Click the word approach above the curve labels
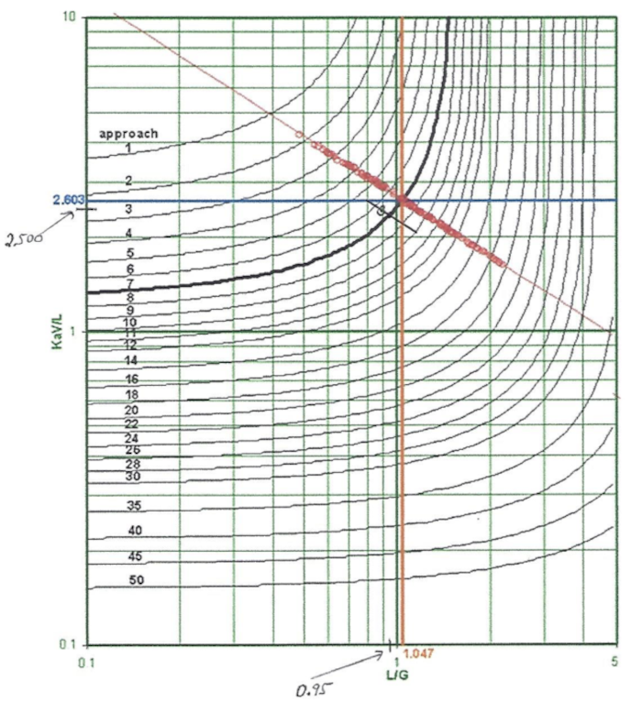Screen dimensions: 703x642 pyautogui.click(x=128, y=133)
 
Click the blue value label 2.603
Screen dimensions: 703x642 pyautogui.click(x=67, y=200)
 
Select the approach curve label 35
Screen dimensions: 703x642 pyautogui.click(x=134, y=505)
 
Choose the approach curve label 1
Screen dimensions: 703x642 pyautogui.click(x=129, y=148)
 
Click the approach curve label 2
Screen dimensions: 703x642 pyautogui.click(x=129, y=181)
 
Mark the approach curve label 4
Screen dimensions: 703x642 pyautogui.click(x=129, y=233)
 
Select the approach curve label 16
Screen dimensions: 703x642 pyautogui.click(x=131, y=379)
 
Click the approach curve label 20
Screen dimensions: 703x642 pyautogui.click(x=131, y=410)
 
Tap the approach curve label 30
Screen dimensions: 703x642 pyautogui.click(x=132, y=477)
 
